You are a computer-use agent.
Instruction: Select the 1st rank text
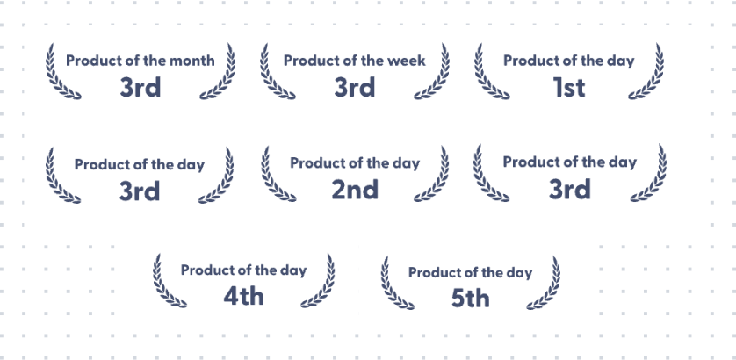(569, 88)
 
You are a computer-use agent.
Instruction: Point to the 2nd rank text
(355, 190)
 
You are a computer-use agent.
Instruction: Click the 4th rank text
(243, 296)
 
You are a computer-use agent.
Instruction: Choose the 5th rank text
(471, 299)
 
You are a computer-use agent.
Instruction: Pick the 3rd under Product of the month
(141, 88)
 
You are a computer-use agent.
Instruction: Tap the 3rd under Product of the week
(355, 88)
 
